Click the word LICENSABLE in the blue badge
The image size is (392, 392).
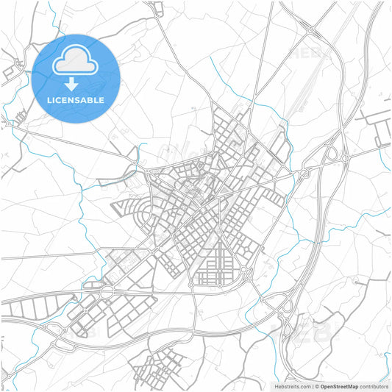(x=76, y=100)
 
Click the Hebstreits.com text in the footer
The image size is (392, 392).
(x=291, y=385)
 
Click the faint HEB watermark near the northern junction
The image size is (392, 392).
(x=309, y=53)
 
